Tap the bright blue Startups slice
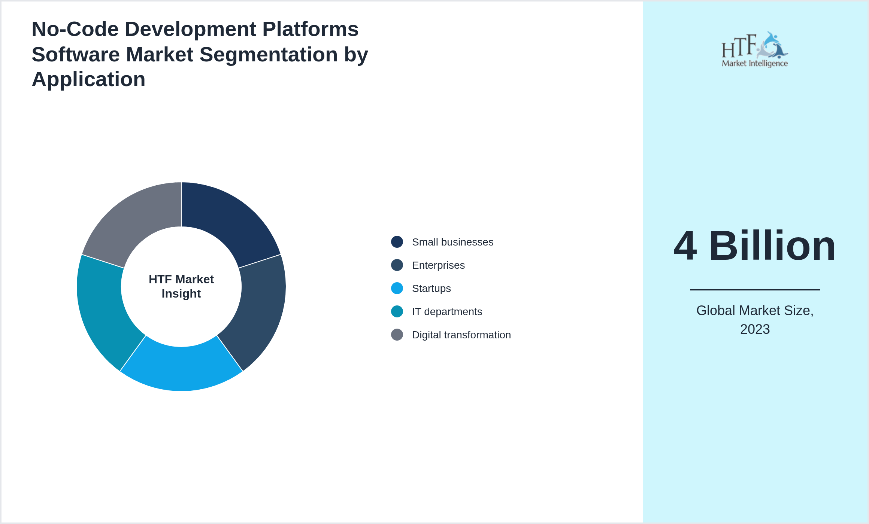click(x=181, y=369)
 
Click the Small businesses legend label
click(x=452, y=242)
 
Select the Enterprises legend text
click(x=438, y=265)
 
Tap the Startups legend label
click(x=431, y=289)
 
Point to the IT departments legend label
click(x=447, y=312)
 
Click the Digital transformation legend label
click(x=461, y=335)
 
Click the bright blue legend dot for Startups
click(x=397, y=289)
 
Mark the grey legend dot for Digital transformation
click(x=397, y=335)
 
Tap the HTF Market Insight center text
click(x=181, y=286)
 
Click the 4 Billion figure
click(x=755, y=246)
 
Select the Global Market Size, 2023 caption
click(x=755, y=320)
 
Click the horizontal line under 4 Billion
click(x=755, y=289)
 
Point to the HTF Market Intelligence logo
click(x=755, y=49)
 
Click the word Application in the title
click(x=88, y=79)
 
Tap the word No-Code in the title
click(x=75, y=29)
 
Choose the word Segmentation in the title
click(x=268, y=55)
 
